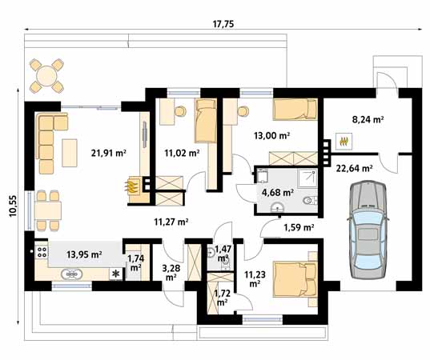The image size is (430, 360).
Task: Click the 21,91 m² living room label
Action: pyautogui.click(x=109, y=153)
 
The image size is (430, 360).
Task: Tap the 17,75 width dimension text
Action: pyautogui.click(x=223, y=24)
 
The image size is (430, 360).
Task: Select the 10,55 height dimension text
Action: pyautogui.click(x=13, y=206)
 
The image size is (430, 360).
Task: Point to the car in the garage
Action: pyautogui.click(x=368, y=230)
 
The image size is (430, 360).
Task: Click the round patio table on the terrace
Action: pyautogui.click(x=46, y=76)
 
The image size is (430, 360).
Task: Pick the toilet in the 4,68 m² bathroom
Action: pyautogui.click(x=310, y=201)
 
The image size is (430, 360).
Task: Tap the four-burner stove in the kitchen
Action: pyautogui.click(x=42, y=251)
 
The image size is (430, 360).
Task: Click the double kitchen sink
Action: pyautogui.click(x=71, y=274)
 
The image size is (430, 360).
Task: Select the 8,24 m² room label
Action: pyautogui.click(x=368, y=120)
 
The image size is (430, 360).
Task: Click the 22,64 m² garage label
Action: pyautogui.click(x=354, y=168)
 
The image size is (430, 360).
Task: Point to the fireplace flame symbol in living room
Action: pyautogui.click(x=131, y=186)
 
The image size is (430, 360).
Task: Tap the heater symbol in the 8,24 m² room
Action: pyautogui.click(x=344, y=142)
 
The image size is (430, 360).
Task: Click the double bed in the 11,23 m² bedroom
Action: pyautogui.click(x=295, y=279)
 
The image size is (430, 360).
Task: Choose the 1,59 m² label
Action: pyautogui.click(x=299, y=227)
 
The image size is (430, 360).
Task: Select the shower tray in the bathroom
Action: pyautogui.click(x=307, y=178)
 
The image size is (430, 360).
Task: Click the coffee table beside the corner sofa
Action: pyautogui.click(x=70, y=153)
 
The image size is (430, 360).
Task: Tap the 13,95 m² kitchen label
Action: pyautogui.click(x=84, y=254)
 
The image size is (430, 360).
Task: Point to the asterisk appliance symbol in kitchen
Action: pyautogui.click(x=116, y=274)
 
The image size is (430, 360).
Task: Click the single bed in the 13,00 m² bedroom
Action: pyautogui.click(x=295, y=110)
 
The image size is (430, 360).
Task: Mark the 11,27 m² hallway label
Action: pyautogui.click(x=171, y=222)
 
